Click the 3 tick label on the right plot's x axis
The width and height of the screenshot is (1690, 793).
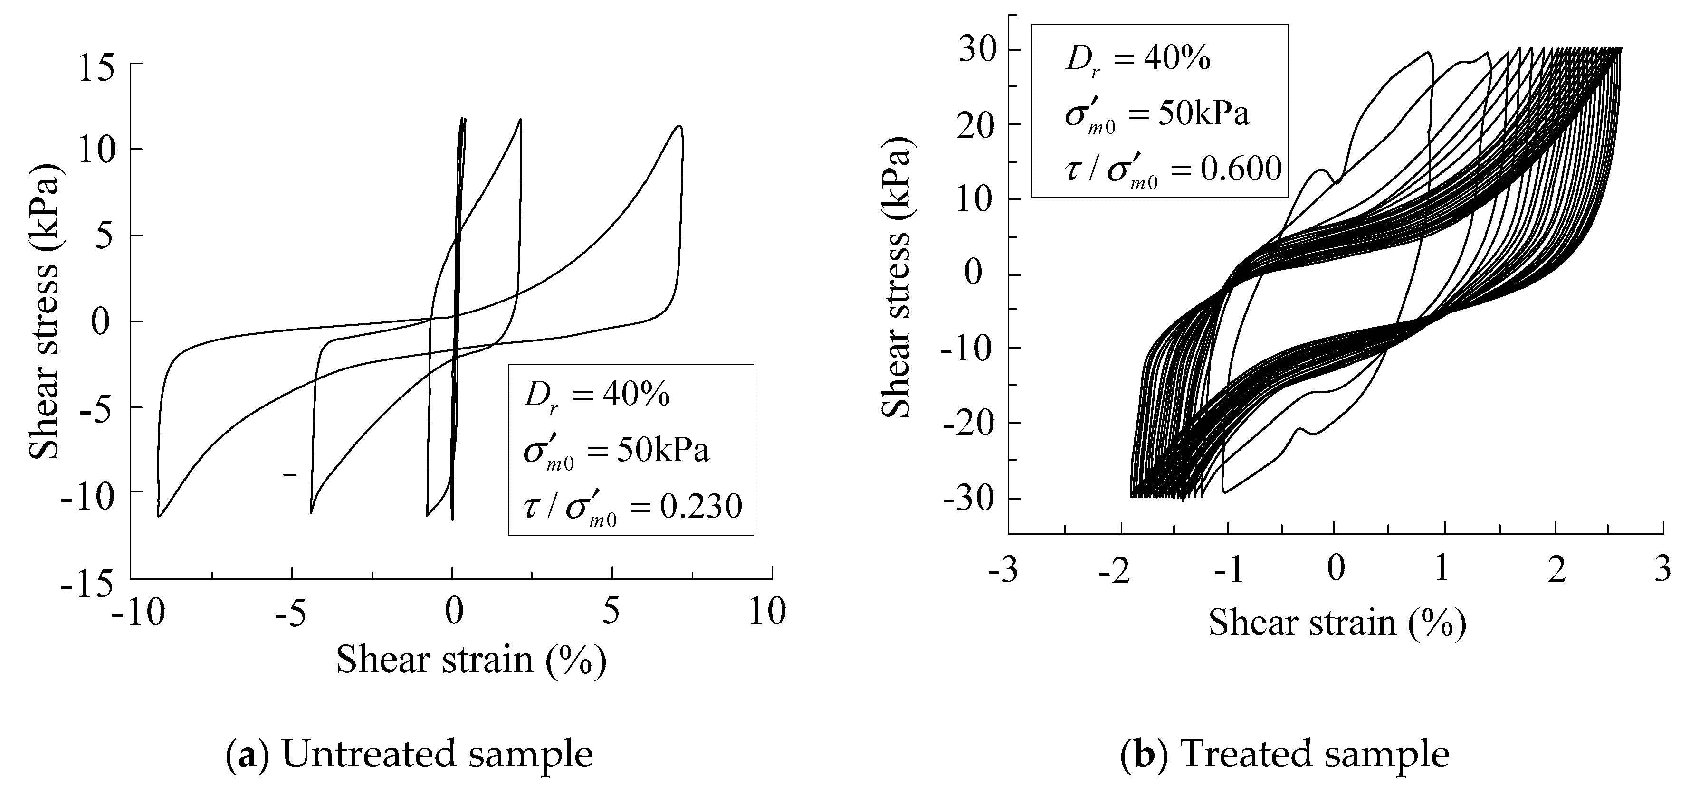point(1662,569)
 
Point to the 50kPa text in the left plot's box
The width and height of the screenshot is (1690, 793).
point(663,451)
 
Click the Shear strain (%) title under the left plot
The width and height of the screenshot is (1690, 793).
point(471,659)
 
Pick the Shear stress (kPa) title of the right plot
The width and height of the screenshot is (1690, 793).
point(896,281)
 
